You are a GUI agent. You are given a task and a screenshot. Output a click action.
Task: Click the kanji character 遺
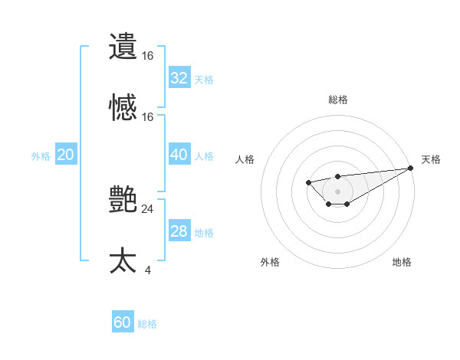[123, 47]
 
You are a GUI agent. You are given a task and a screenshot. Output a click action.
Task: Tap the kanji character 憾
[123, 108]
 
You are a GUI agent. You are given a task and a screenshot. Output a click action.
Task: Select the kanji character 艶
[123, 200]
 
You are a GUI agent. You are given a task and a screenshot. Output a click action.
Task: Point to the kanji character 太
[123, 261]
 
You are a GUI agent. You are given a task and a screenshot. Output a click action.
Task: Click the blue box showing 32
[179, 78]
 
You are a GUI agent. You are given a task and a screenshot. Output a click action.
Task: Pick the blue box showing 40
[179, 155]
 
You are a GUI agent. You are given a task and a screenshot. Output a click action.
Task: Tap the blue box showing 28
[179, 231]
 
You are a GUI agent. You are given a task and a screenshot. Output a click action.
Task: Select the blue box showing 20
[65, 155]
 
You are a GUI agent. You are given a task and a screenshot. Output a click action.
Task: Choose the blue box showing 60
[122, 322]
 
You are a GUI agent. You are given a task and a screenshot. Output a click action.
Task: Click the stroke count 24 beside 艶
[147, 208]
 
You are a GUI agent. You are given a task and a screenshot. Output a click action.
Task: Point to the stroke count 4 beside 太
[147, 270]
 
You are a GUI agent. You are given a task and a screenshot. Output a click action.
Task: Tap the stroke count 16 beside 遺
[147, 55]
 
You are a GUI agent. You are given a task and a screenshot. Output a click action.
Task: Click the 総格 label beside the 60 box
[147, 324]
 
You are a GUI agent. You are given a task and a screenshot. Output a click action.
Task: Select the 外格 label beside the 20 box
[41, 156]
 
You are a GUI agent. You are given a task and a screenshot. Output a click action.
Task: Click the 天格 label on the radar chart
[431, 159]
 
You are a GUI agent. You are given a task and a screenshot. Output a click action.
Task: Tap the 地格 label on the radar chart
[402, 263]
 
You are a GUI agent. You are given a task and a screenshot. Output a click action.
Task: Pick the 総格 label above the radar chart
[337, 100]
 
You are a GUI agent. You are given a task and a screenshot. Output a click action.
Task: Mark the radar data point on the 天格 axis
[411, 168]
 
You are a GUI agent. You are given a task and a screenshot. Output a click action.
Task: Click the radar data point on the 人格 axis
[308, 182]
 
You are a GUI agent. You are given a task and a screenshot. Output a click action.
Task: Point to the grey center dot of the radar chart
[337, 191]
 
